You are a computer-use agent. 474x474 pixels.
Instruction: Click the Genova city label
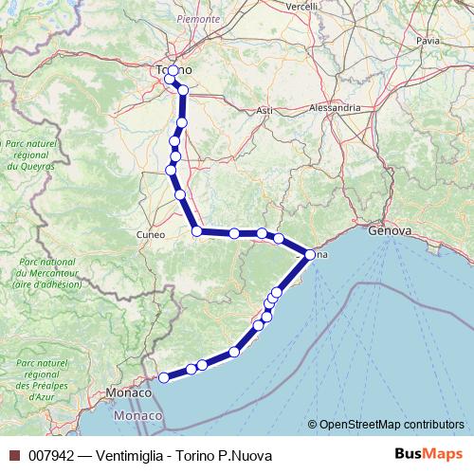(390, 230)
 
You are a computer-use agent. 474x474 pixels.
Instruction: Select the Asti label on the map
(264, 111)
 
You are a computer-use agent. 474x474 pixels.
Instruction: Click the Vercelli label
(301, 6)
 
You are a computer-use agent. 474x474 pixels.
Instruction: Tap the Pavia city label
(428, 41)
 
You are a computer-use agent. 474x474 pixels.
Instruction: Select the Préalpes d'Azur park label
(41, 379)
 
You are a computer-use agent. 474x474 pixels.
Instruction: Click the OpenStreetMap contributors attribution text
(391, 424)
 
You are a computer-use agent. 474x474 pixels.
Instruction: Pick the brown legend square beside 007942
(14, 456)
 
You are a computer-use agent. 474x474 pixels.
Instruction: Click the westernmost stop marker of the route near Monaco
(163, 377)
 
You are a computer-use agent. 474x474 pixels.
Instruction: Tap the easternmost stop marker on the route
(310, 253)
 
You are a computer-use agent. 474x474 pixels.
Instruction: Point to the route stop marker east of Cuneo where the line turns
(197, 230)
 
